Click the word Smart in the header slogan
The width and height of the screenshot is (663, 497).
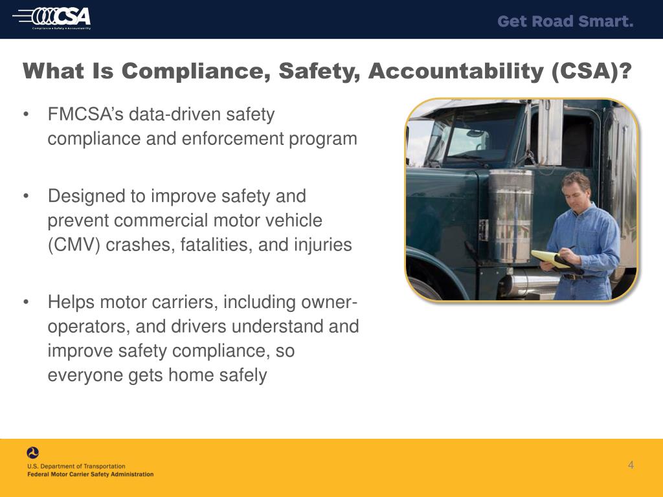point(606,21)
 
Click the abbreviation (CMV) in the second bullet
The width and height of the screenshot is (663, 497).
point(71,245)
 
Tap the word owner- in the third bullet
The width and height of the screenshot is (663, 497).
point(330,302)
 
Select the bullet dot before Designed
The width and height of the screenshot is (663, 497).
point(26,196)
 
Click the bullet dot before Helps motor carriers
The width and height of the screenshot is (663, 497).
point(26,302)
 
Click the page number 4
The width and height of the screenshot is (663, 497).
point(631,465)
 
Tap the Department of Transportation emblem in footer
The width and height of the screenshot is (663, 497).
point(33,453)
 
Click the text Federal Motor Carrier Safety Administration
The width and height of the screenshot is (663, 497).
point(90,474)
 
